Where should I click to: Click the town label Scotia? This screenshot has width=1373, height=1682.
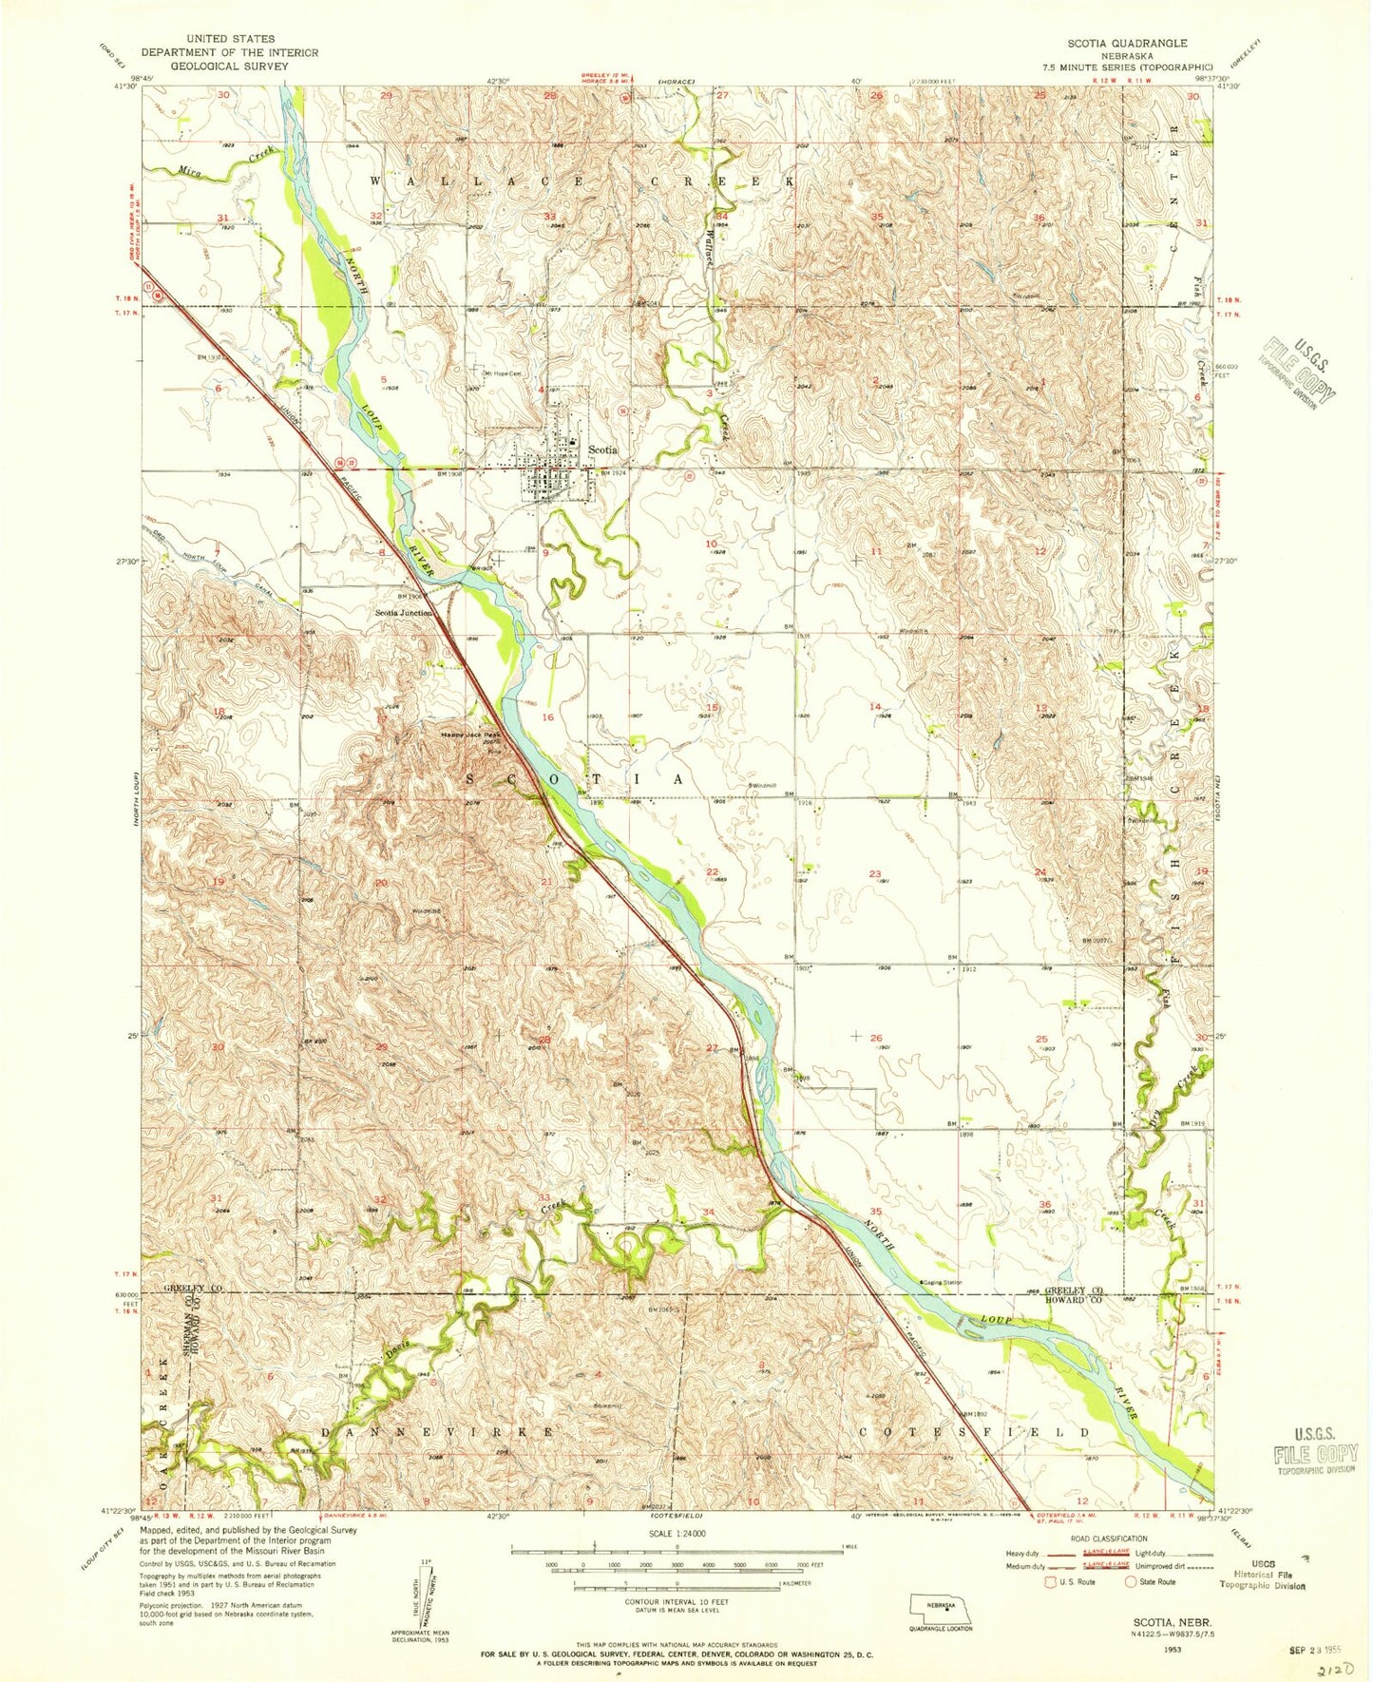click(602, 449)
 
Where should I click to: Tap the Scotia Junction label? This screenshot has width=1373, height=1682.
click(403, 613)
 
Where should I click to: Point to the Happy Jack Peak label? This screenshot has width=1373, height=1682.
click(469, 735)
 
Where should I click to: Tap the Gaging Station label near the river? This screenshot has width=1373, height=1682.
click(941, 1282)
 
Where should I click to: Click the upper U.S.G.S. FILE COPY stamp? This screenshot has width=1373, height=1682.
click(1299, 373)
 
